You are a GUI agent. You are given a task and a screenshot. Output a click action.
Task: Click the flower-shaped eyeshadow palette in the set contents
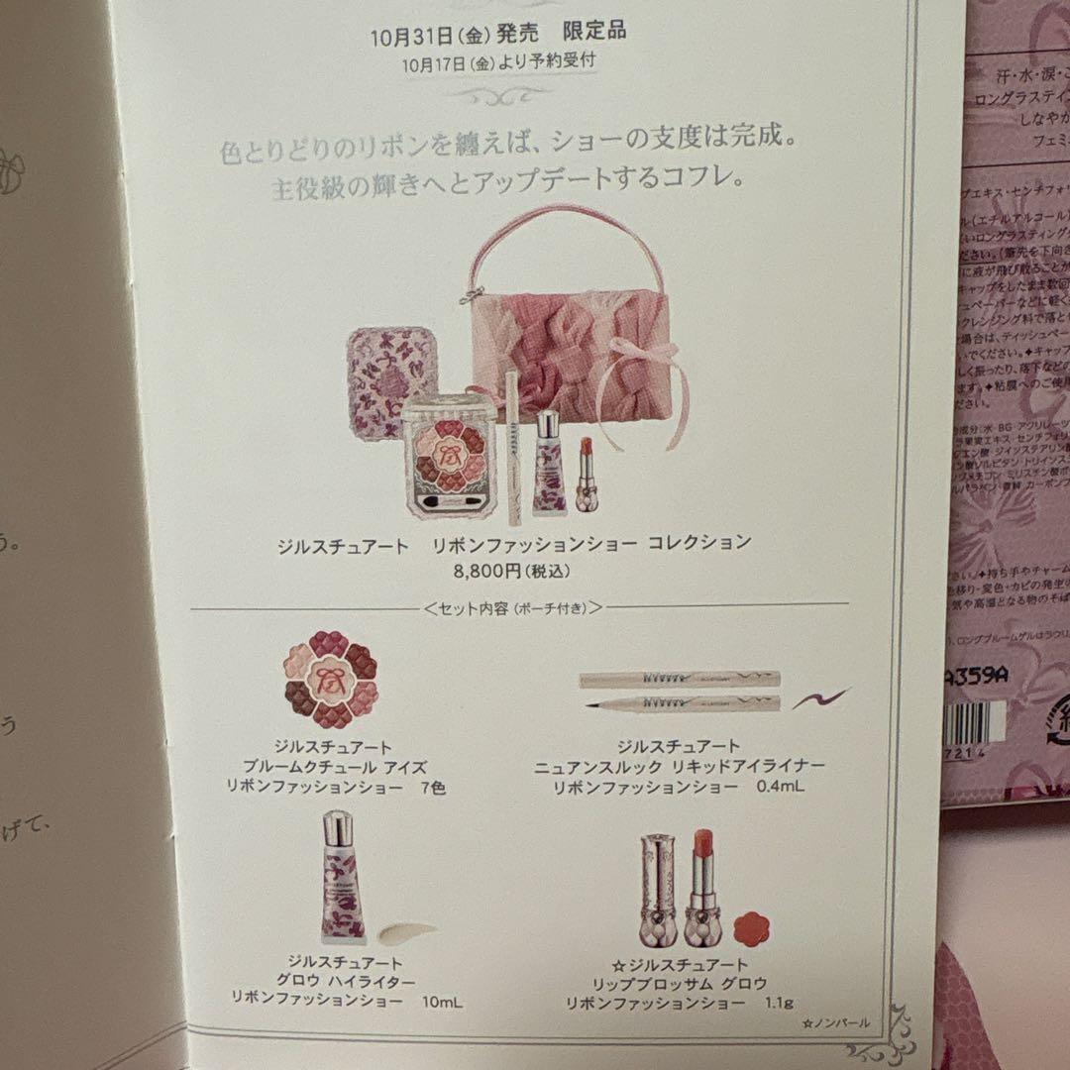point(331,681)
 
